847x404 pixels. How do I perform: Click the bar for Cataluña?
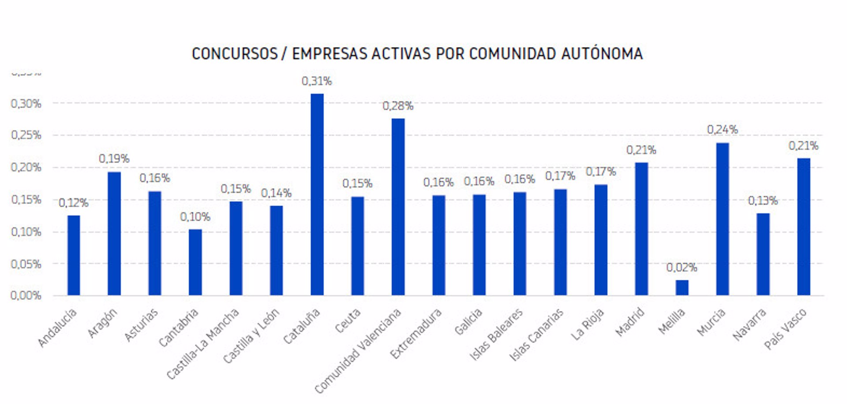[317, 194]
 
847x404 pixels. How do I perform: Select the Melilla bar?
[682, 287]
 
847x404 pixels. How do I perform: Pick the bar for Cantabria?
[195, 262]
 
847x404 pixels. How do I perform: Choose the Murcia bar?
[722, 219]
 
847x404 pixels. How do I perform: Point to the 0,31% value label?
[317, 81]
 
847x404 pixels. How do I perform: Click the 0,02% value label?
[682, 267]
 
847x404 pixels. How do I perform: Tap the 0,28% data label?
[398, 106]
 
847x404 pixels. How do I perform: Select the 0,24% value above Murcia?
[722, 130]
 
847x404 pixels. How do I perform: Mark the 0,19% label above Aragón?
[114, 159]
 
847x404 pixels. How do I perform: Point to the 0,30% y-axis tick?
[26, 104]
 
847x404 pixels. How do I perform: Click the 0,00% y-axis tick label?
[26, 295]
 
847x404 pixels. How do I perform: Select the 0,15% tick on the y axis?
[26, 200]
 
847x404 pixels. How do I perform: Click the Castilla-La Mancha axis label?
[203, 344]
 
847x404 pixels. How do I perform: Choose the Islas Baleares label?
[496, 334]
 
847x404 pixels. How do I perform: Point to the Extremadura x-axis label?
[416, 334]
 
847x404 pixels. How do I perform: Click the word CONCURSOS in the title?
[234, 54]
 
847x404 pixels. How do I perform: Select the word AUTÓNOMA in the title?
[602, 54]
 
